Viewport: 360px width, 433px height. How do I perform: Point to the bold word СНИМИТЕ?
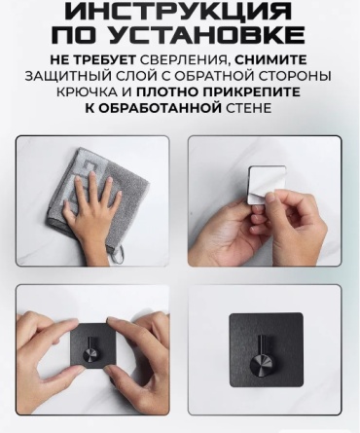coord(270,60)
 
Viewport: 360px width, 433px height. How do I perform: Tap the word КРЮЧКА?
coord(87,92)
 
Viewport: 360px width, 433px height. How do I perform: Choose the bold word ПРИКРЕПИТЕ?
coord(251,92)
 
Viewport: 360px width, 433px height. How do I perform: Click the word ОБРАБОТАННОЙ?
coord(159,108)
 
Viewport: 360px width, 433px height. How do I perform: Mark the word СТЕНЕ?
coord(248,108)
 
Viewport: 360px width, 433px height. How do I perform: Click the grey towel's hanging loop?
coord(121,254)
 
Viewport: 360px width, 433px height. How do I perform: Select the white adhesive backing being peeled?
coord(267,185)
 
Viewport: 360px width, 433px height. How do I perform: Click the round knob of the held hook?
coord(90,356)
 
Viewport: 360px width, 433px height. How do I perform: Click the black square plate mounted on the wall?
coord(267,350)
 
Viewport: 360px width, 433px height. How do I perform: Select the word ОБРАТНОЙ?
coord(213,77)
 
